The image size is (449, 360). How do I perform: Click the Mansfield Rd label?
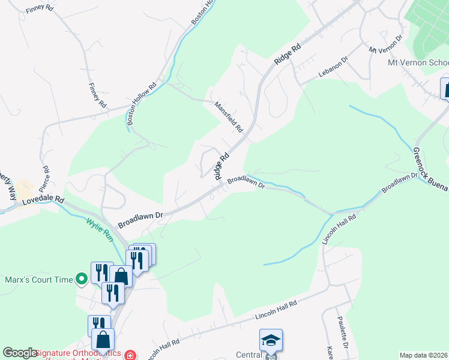click(229, 116)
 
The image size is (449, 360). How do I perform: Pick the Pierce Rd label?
click(44, 175)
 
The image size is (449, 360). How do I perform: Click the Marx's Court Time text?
click(38, 279)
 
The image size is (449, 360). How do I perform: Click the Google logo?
click(20, 353)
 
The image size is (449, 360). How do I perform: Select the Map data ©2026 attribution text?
click(423, 355)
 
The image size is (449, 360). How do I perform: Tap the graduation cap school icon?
click(271, 340)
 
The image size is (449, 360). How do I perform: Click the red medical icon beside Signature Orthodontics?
click(130, 355)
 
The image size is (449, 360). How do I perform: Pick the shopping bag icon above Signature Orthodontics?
click(104, 340)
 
